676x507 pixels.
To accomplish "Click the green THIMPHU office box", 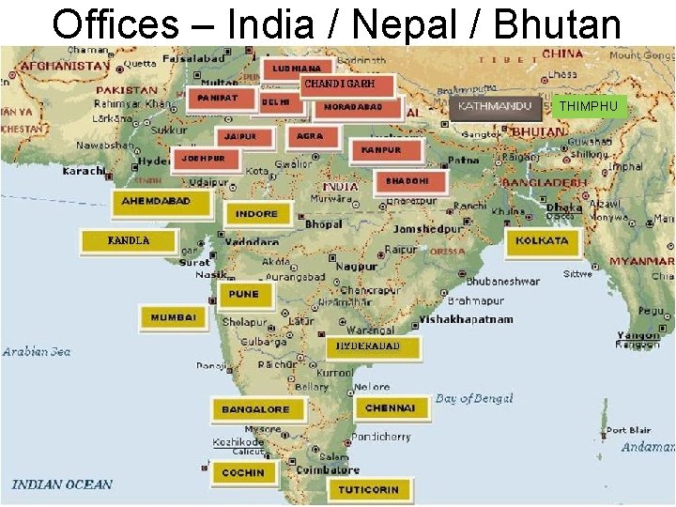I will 589,106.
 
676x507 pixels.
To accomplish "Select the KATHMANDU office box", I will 495,106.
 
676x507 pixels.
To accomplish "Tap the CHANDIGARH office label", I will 339,84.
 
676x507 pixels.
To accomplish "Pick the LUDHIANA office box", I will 297,69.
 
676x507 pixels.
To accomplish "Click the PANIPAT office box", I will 218,98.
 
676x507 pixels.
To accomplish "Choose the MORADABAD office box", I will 353,107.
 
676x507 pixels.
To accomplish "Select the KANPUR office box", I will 381,149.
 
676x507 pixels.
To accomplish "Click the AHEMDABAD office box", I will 157,201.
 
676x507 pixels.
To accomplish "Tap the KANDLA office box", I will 129,241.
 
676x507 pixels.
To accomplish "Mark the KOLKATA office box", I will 543,240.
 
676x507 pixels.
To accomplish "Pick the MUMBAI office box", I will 174,317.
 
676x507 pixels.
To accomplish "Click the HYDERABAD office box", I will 369,346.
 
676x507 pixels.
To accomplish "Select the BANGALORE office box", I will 256,409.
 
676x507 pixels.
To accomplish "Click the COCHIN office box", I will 243,472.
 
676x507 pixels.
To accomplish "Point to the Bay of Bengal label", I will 474,398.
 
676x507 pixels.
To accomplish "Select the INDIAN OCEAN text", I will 62,484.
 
